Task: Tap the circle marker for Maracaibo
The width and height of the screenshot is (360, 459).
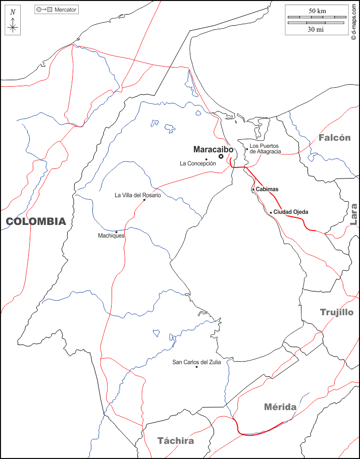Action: (x=221, y=157)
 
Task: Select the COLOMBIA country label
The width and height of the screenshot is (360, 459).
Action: (x=36, y=221)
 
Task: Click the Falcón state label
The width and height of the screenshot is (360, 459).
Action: (x=334, y=137)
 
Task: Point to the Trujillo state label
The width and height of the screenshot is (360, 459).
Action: (x=337, y=312)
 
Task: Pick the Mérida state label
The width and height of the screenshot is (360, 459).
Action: (x=280, y=407)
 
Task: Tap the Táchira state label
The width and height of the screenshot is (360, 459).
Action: (x=175, y=440)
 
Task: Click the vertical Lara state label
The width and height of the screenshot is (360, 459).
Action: (x=353, y=213)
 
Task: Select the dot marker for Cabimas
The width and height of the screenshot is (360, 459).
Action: (x=253, y=190)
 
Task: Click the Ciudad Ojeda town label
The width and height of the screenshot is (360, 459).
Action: (x=290, y=212)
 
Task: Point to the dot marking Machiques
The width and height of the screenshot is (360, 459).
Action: (x=117, y=232)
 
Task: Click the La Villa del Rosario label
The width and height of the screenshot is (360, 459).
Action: (x=138, y=195)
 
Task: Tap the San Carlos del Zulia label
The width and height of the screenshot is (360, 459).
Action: (x=196, y=362)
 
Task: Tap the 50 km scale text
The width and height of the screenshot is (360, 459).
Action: (x=318, y=11)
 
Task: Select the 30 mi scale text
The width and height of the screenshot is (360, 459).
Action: (x=316, y=29)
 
